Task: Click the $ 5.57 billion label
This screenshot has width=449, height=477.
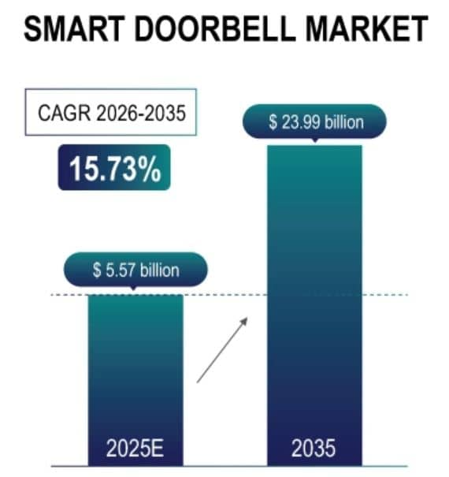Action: tap(135, 270)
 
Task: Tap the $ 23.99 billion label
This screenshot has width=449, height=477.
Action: tap(315, 122)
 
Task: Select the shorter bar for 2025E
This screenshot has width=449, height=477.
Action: tap(135, 371)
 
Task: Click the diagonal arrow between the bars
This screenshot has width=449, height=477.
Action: tap(222, 350)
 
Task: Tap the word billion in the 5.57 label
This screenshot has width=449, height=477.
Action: tap(155, 270)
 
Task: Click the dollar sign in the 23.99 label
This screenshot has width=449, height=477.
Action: tap(273, 122)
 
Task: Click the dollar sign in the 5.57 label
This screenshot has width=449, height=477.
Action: tap(96, 270)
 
